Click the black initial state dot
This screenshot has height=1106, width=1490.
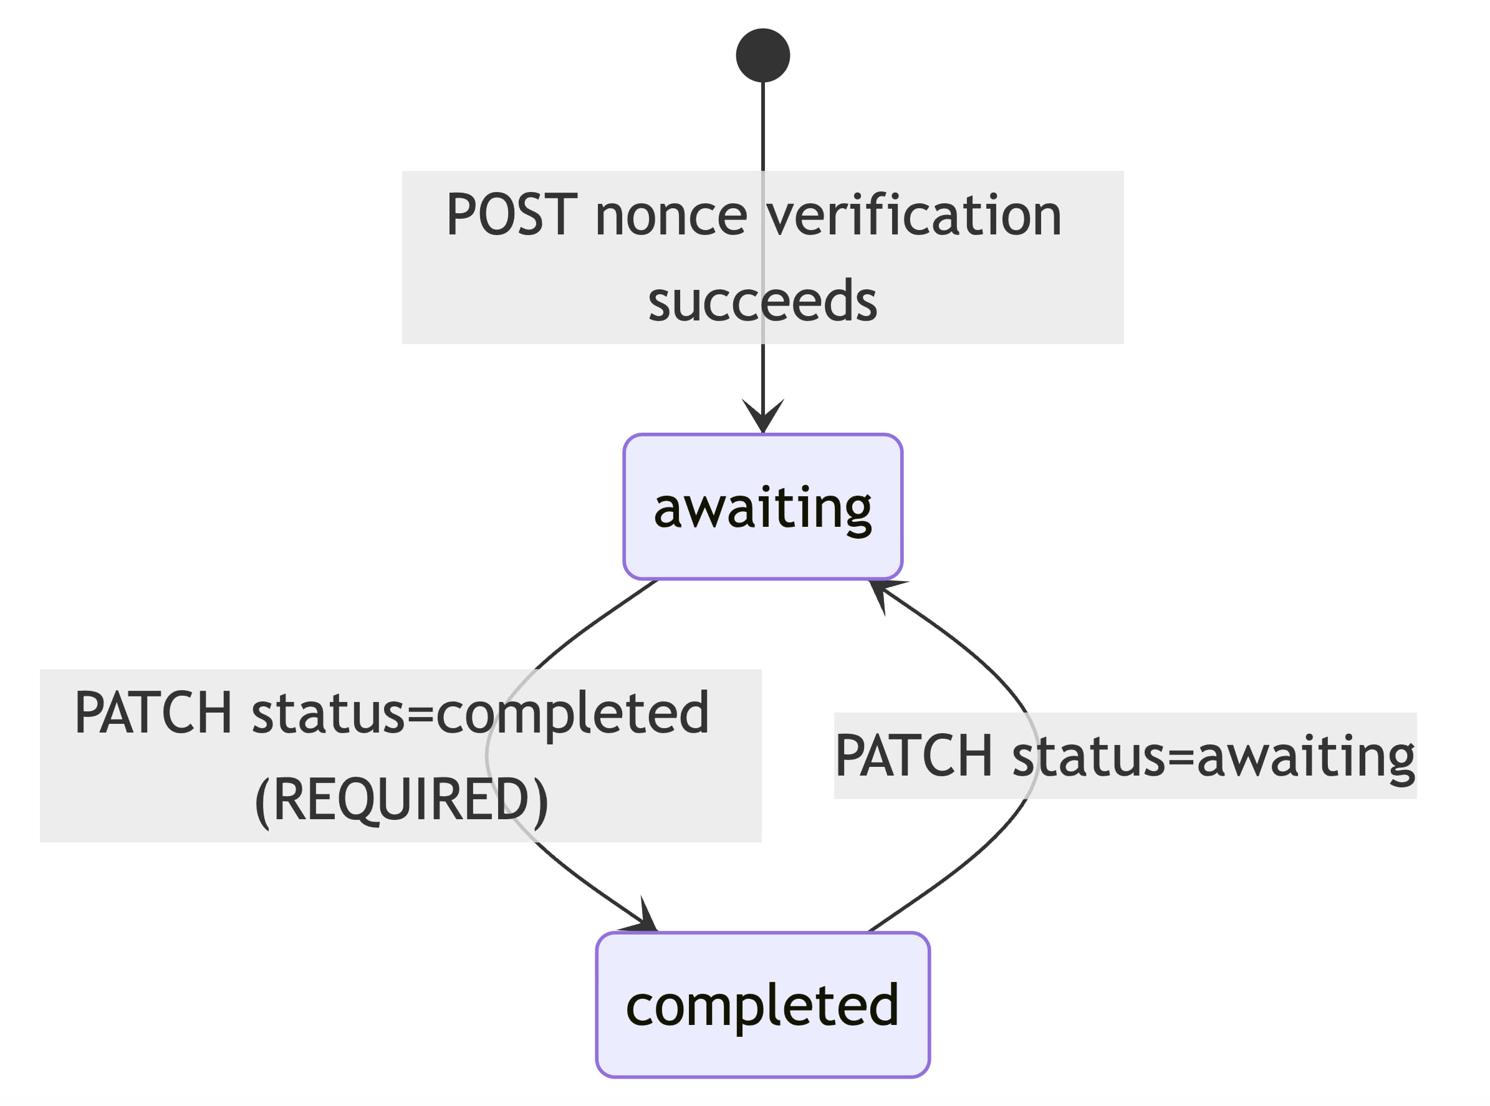[x=762, y=55]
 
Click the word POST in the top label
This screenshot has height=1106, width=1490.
[x=511, y=215]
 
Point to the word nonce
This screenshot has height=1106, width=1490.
[x=670, y=215]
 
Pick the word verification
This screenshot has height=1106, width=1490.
[x=914, y=215]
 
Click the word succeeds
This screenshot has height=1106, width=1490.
[x=762, y=301]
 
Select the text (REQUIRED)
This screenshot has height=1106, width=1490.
[x=401, y=799]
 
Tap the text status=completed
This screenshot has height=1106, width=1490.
[x=479, y=713]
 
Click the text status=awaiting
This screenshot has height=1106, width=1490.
[x=1213, y=756]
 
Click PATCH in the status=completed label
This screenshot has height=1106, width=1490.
[x=153, y=713]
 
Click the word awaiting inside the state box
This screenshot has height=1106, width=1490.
[x=762, y=509]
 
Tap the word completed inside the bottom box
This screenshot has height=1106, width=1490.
[x=762, y=1006]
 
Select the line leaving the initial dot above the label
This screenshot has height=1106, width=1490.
[x=762, y=127]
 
